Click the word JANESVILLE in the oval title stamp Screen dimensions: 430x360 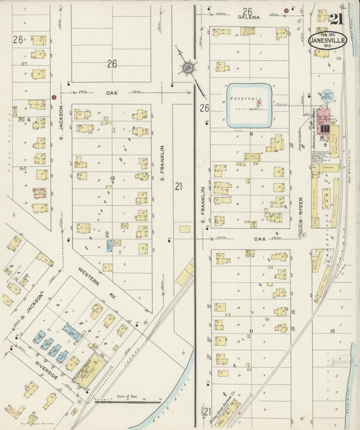click(x=328, y=39)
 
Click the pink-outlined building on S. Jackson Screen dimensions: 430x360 click(x=40, y=193)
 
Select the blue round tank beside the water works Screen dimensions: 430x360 click(x=328, y=96)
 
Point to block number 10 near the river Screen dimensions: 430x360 click(x=332, y=331)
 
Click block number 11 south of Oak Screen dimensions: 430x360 click(x=251, y=331)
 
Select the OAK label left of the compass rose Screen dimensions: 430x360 click(x=111, y=93)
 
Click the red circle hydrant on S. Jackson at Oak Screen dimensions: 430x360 click(x=53, y=97)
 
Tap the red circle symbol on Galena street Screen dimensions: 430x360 click(x=286, y=10)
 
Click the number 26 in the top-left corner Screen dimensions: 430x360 click(x=18, y=40)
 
